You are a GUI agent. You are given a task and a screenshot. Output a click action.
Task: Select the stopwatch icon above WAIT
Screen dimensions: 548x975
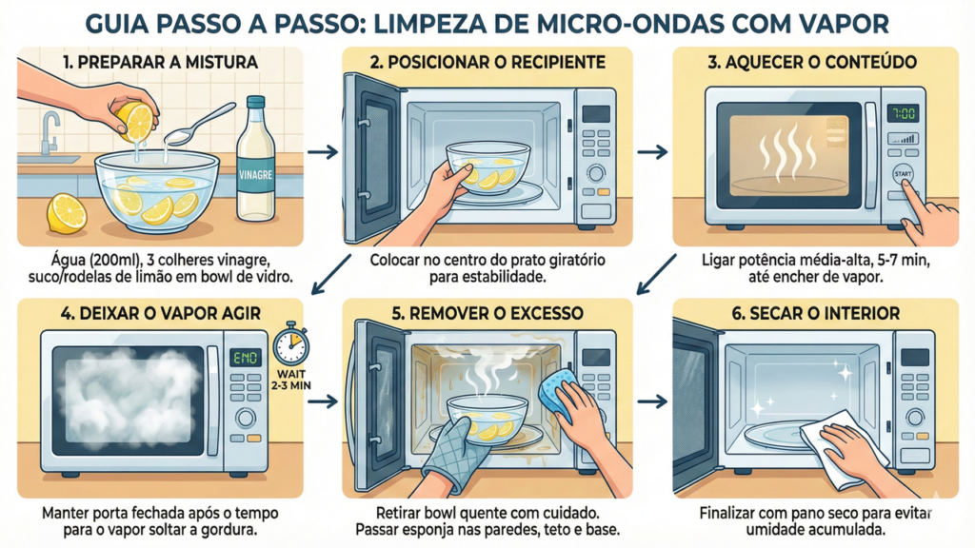click(x=291, y=342)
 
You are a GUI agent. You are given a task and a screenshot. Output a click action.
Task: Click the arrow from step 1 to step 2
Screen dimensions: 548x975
click(x=324, y=151)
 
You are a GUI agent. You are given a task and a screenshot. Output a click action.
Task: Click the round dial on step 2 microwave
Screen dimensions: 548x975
click(x=596, y=172)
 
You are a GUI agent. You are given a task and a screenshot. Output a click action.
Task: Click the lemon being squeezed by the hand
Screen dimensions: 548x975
click(x=136, y=121)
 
